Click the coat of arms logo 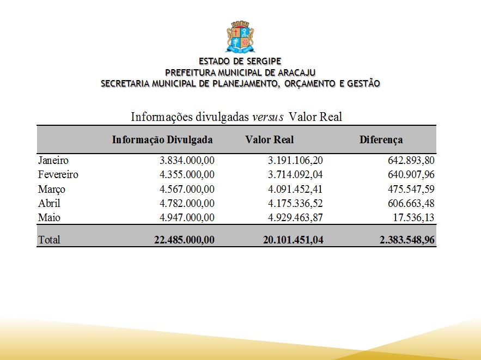[240, 36]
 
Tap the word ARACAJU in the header [294, 72]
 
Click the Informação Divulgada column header [162, 139]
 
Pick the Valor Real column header [269, 139]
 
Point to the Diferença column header [381, 139]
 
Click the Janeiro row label [53, 161]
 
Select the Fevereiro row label [58, 175]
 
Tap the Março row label [52, 189]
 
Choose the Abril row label [49, 203]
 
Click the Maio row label [48, 217]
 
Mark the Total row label [49, 240]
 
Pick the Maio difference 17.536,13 [411, 217]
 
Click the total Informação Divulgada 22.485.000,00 [184, 240]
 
